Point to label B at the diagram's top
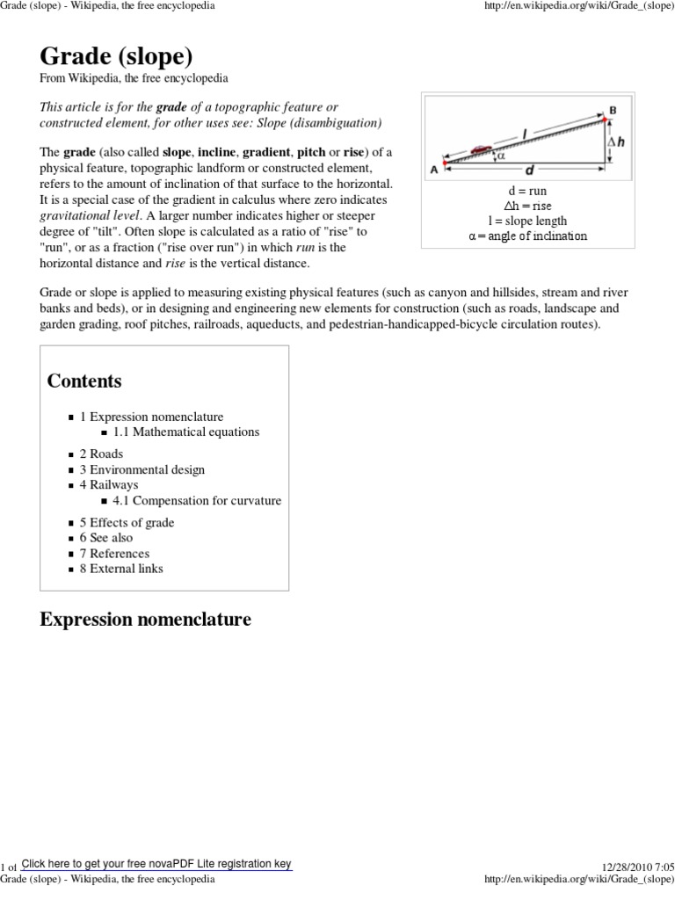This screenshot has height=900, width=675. (613, 110)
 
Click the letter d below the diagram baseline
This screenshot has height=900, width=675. (529, 171)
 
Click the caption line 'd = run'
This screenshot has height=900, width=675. (527, 191)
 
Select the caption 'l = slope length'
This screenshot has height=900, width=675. (527, 221)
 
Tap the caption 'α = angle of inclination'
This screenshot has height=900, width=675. (527, 236)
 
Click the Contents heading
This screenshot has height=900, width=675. (84, 381)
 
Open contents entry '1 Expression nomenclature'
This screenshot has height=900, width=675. (151, 417)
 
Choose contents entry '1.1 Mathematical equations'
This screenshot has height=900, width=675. (186, 432)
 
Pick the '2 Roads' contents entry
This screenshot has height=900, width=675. (101, 454)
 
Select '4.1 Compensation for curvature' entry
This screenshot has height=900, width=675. (197, 500)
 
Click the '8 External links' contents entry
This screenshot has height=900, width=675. (121, 568)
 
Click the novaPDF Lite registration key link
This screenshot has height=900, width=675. (156, 864)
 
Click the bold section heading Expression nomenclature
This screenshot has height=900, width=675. (145, 620)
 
